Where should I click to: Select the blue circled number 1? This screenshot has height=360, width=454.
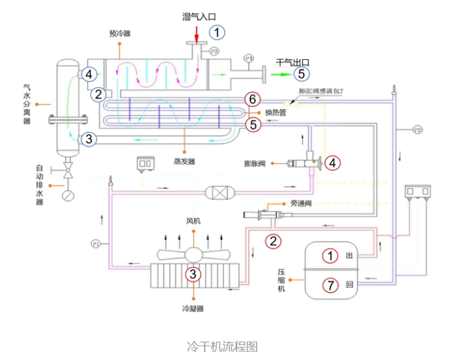coord(217,32)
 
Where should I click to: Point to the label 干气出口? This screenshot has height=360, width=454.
coord(292,62)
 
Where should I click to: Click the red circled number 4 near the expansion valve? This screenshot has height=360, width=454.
coord(333,162)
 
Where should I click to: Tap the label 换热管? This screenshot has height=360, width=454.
coord(276,112)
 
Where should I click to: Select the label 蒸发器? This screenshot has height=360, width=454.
coord(184,161)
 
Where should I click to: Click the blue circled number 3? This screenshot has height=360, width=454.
coord(90,139)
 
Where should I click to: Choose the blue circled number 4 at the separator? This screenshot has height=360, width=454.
coord(90,74)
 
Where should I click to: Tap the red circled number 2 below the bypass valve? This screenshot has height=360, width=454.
coord(274,241)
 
